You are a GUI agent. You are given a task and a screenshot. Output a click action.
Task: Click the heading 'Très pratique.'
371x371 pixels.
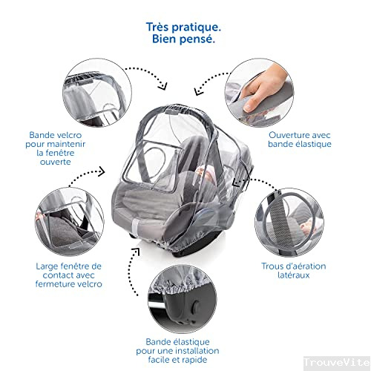pyautogui.click(x=186, y=27)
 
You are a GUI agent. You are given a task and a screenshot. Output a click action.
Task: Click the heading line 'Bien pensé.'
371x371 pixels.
pyautogui.click(x=186, y=40)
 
